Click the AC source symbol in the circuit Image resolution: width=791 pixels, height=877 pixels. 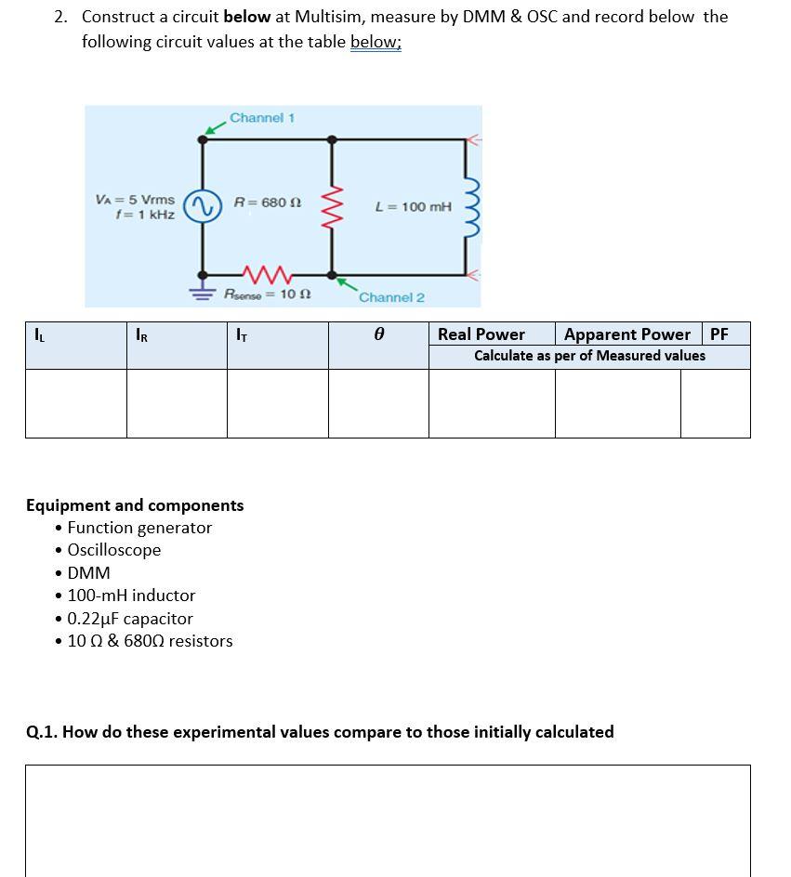coord(203,206)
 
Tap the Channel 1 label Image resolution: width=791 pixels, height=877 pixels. coord(262,118)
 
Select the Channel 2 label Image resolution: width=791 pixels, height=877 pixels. coord(391,297)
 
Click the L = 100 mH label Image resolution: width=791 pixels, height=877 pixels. coord(413,206)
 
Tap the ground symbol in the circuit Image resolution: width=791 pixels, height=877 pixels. coord(202,288)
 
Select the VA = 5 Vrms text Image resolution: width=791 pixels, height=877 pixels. coord(135,200)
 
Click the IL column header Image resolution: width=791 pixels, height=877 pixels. coord(37,333)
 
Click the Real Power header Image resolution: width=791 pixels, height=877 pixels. coord(481,334)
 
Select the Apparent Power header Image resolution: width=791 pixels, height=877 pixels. coord(627,334)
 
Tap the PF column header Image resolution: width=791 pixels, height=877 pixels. coord(719,334)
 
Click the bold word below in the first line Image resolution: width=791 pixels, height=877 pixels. coord(246,17)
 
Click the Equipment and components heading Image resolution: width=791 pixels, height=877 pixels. coord(135,505)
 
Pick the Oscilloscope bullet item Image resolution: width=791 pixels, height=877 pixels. coord(114,550)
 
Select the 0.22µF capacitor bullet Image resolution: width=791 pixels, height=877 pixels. coord(130,619)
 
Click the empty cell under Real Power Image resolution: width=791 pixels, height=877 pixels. coord(492,403)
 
